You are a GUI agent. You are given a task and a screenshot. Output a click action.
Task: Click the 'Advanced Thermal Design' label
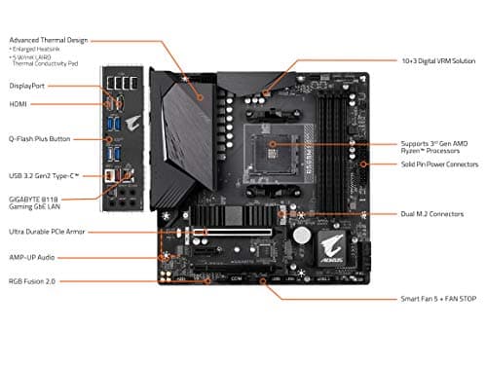coord(48,40)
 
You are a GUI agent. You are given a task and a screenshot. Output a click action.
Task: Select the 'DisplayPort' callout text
coord(26,85)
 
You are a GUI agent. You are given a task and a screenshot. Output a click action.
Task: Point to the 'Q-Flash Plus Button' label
coord(38,138)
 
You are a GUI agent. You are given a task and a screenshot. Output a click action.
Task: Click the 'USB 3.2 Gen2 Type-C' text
coord(43,175)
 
